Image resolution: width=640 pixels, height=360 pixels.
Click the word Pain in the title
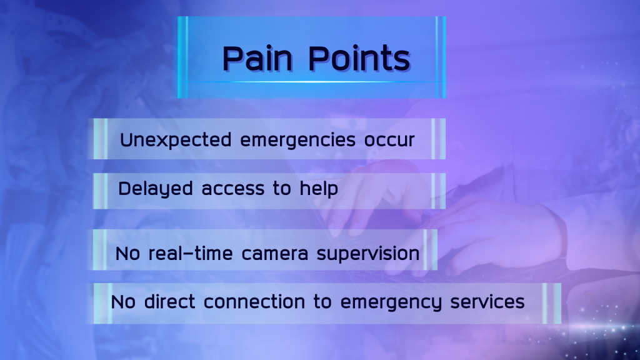pyautogui.click(x=257, y=58)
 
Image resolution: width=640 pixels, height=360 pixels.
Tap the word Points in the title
pyautogui.click(x=359, y=58)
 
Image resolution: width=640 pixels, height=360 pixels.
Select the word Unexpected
pyautogui.click(x=176, y=140)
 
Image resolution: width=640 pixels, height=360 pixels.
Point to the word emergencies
pyautogui.click(x=298, y=140)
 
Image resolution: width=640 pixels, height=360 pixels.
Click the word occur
pyautogui.click(x=389, y=141)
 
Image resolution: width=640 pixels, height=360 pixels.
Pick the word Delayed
pyautogui.click(x=156, y=189)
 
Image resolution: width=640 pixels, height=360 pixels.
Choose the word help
pyautogui.click(x=319, y=189)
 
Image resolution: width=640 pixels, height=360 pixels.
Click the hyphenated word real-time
pyautogui.click(x=190, y=254)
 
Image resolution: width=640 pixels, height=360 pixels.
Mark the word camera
pyautogui.click(x=275, y=254)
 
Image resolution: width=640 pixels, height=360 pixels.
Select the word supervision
pyautogui.click(x=368, y=254)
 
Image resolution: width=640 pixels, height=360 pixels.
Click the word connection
pyautogui.click(x=254, y=302)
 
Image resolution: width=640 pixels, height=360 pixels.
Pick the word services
pyautogui.click(x=487, y=302)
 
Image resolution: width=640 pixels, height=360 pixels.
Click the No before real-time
pyautogui.click(x=127, y=254)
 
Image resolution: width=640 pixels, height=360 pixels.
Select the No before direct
pyautogui.click(x=123, y=302)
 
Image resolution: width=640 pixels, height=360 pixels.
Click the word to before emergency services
pyautogui.click(x=323, y=302)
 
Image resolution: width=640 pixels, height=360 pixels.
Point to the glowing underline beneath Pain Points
pyautogui.click(x=312, y=82)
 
